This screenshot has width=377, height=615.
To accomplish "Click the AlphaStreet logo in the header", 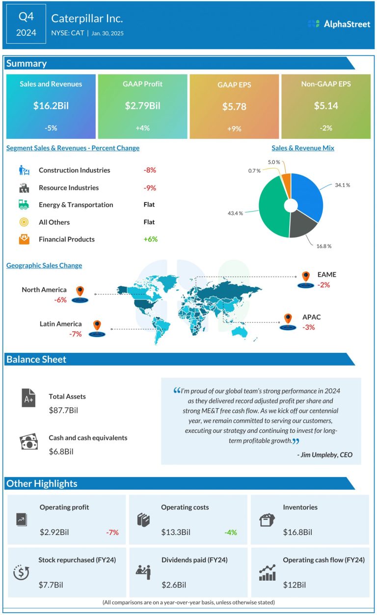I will click(x=339, y=24).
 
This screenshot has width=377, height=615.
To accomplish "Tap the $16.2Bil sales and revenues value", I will click(x=51, y=106).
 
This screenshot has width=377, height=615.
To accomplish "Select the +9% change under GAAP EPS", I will click(x=234, y=128).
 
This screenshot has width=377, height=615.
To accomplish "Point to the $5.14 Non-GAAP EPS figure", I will click(x=325, y=106).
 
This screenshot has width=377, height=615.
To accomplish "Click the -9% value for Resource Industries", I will click(x=150, y=187).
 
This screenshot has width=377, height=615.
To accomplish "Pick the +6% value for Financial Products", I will click(x=150, y=240).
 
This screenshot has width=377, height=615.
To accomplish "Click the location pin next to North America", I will click(x=80, y=292).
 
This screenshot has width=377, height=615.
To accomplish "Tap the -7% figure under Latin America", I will click(x=76, y=334).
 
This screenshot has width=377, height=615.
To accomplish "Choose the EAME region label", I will click(x=327, y=275).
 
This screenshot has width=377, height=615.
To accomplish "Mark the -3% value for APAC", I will click(x=309, y=327).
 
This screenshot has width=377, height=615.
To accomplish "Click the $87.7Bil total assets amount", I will click(x=63, y=410).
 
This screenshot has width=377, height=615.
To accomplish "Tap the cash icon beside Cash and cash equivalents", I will click(x=28, y=441).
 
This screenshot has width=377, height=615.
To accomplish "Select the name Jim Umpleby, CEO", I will click(x=325, y=455).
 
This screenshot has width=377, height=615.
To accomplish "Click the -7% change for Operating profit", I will click(x=112, y=532).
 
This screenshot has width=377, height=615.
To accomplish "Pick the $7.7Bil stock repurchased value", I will click(x=51, y=585).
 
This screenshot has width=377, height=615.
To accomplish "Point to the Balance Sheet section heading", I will click(x=36, y=359).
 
